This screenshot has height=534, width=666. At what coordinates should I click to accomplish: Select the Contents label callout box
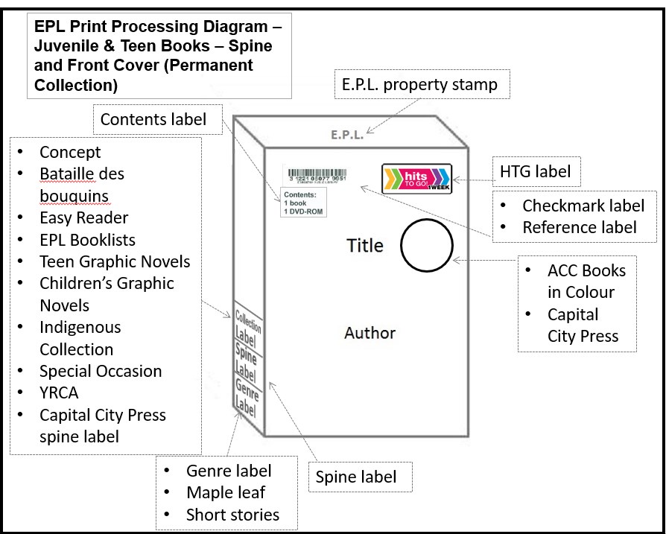pos(153,119)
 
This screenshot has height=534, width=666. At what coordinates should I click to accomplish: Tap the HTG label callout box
pos(535,172)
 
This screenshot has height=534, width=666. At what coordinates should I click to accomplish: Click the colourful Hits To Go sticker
pos(416,179)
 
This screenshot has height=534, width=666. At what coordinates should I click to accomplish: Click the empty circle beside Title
pos(427,247)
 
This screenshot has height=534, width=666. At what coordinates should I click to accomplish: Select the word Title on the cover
pos(365,246)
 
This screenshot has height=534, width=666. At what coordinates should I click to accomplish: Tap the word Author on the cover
pos(370,333)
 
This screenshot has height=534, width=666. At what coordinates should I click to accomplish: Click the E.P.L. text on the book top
pos(347,136)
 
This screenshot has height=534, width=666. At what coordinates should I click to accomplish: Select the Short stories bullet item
pos(232,515)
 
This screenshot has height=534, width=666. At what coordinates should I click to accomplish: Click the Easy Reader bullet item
pos(83,217)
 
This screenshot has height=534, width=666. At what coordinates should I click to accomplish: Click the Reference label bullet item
pos(579,227)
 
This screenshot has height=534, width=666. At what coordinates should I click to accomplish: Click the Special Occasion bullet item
pos(101,371)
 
